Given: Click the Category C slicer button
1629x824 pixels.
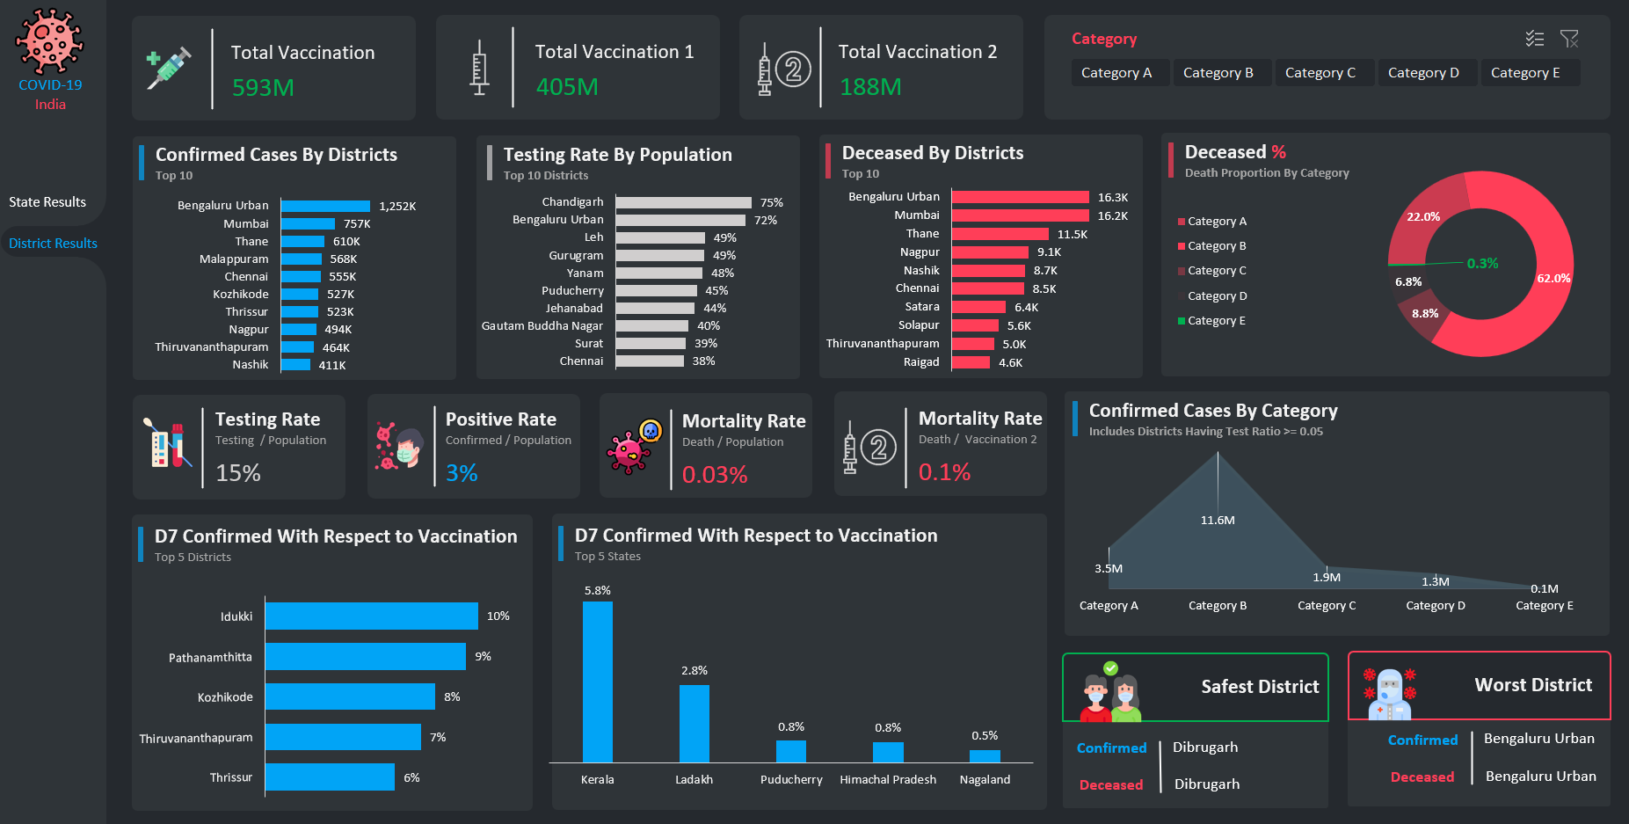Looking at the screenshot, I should (x=1320, y=73).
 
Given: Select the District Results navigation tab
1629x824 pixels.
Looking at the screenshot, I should (x=53, y=244).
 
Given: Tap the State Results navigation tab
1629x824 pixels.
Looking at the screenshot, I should (x=47, y=202).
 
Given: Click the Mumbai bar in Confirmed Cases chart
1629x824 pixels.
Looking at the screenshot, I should (x=308, y=224).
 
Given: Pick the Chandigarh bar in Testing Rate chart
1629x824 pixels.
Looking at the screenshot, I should (x=683, y=203).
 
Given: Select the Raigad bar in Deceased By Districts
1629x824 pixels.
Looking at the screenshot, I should (x=971, y=362).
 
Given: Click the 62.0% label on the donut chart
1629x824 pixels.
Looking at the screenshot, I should (x=1553, y=279).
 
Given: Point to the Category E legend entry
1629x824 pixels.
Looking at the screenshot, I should (x=1216, y=321).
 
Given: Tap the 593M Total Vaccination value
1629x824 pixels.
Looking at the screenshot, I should (x=263, y=88).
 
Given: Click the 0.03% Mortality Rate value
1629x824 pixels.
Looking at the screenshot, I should (x=715, y=475).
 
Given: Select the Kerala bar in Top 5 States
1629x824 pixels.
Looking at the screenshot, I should (x=598, y=682).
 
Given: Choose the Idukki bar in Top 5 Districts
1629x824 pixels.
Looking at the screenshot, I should (x=371, y=616).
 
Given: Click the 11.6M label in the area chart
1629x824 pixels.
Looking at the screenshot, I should (x=1218, y=521).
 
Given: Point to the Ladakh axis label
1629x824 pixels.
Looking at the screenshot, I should (x=694, y=780).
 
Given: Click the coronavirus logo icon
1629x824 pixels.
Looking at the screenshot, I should (x=50, y=42).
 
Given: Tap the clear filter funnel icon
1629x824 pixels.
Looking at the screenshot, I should (x=1569, y=39).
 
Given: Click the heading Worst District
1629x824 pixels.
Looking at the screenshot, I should (x=1533, y=685).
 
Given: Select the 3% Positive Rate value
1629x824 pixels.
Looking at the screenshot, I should (x=462, y=473).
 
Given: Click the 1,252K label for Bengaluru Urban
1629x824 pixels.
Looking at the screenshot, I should (x=397, y=207).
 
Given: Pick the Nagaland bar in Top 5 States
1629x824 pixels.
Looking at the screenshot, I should (x=985, y=756).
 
